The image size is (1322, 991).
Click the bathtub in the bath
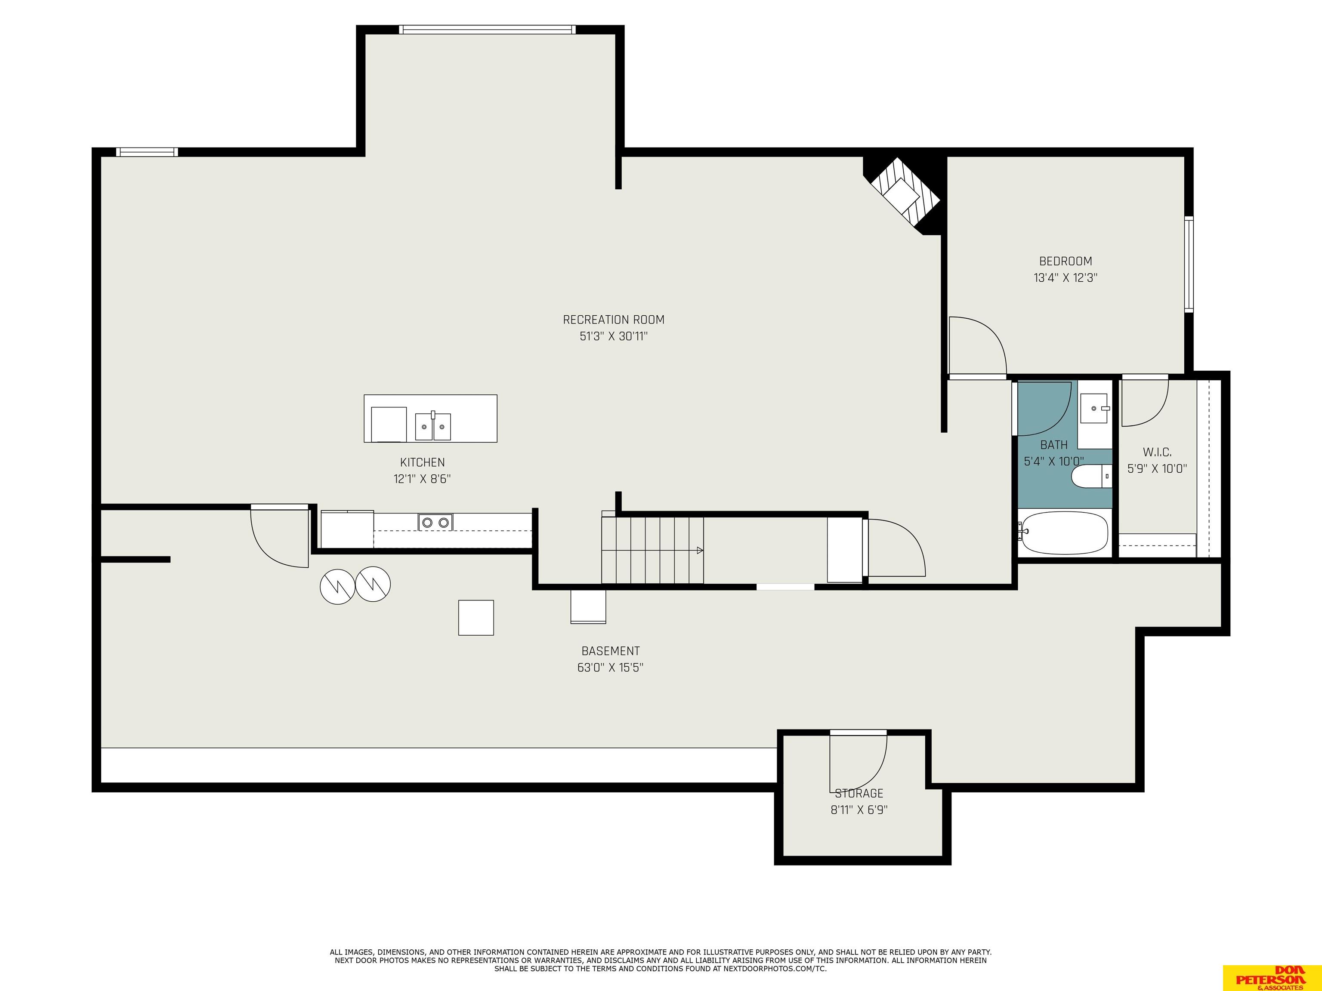click(1064, 532)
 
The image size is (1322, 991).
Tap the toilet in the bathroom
click(1091, 476)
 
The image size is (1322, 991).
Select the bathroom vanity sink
click(1095, 408)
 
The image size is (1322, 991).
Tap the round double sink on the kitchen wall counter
click(435, 523)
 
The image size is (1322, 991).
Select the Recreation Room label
click(614, 320)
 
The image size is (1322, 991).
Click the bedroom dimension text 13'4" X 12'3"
click(1066, 278)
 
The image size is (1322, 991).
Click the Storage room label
click(859, 793)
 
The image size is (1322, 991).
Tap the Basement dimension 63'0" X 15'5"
click(610, 667)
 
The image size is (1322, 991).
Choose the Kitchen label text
click(423, 462)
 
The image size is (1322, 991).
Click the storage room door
click(858, 760)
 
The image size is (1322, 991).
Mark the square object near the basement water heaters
click(476, 618)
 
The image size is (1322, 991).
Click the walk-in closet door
click(1145, 401)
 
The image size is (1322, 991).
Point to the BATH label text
click(1053, 445)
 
